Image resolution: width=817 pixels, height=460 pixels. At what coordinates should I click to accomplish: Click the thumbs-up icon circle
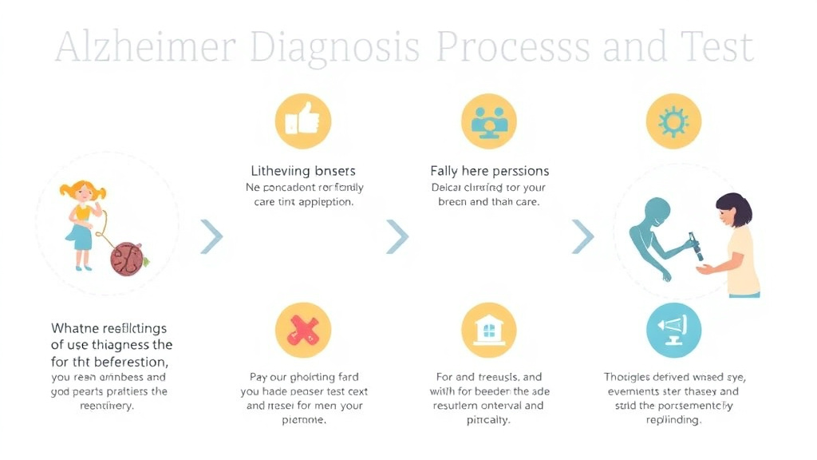tap(302, 122)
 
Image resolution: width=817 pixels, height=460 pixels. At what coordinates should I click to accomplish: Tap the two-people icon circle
tap(488, 122)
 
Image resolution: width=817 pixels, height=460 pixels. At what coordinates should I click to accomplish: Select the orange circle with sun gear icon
tap(673, 122)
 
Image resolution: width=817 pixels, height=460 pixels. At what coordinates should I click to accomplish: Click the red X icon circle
tap(302, 330)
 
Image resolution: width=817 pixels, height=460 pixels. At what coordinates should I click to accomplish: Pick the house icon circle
tap(488, 330)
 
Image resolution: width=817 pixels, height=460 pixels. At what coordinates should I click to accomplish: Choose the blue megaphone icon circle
tap(673, 330)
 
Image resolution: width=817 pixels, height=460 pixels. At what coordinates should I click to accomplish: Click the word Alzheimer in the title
tap(146, 48)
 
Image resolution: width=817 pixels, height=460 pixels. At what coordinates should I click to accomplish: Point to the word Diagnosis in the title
tap(335, 48)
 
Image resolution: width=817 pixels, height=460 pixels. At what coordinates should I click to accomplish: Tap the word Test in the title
tap(716, 48)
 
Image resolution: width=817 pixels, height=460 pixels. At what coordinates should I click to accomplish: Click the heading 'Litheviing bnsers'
tap(303, 171)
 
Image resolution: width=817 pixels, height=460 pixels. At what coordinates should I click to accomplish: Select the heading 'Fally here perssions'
tap(489, 171)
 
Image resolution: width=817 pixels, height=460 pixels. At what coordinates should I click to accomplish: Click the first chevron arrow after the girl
tap(211, 236)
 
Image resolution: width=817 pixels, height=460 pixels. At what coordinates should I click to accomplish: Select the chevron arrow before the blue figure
tap(583, 236)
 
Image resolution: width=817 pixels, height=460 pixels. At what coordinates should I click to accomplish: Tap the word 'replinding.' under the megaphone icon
tap(673, 420)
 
